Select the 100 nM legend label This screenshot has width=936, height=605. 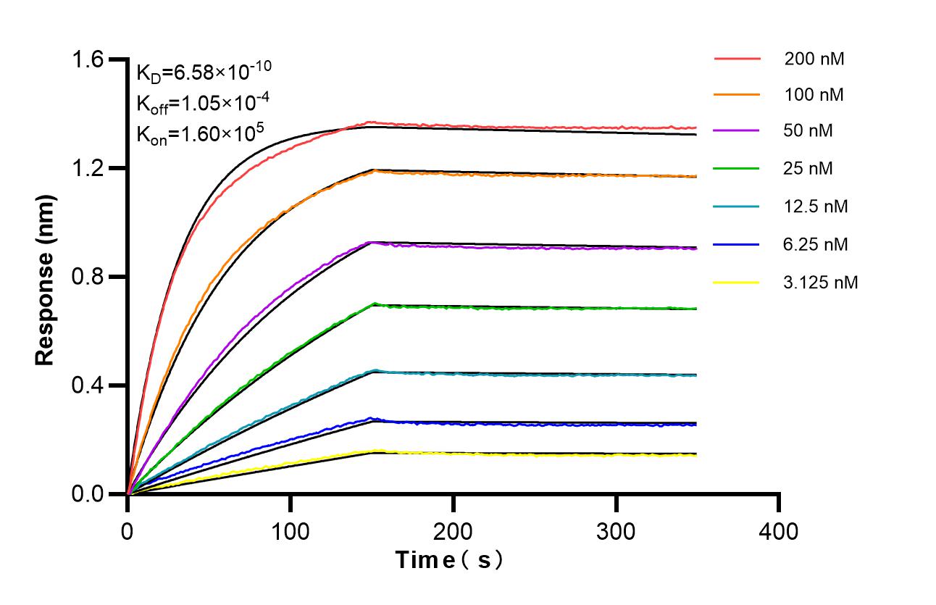(x=814, y=94)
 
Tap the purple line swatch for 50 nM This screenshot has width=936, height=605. (x=737, y=131)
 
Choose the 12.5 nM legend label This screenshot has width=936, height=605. (x=816, y=206)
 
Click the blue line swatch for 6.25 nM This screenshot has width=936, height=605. (x=737, y=244)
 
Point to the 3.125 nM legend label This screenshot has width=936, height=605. (x=821, y=282)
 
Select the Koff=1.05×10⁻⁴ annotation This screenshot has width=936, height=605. (x=193, y=103)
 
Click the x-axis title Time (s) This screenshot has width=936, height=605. (x=449, y=560)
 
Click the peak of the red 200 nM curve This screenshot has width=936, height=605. (x=372, y=122)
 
